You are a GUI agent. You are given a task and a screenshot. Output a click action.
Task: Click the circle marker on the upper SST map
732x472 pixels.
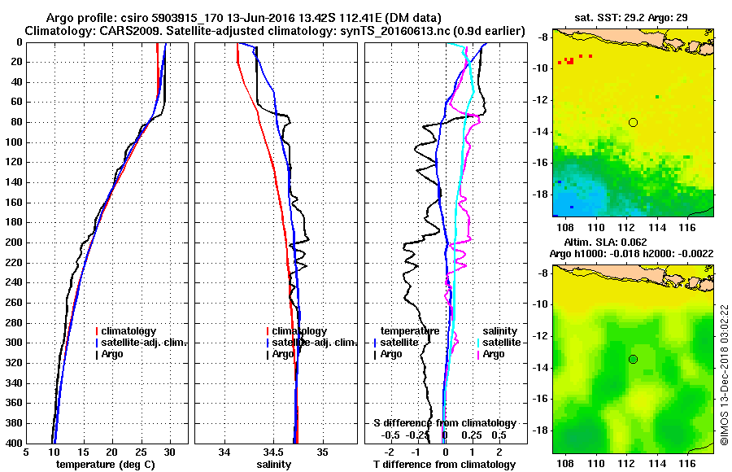[633, 122]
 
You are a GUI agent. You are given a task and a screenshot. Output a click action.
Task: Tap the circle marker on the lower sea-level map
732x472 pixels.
[633, 359]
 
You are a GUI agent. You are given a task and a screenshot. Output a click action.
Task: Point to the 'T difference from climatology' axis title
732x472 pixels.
[443, 465]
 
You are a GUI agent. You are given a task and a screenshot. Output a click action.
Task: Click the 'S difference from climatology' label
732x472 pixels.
[445, 423]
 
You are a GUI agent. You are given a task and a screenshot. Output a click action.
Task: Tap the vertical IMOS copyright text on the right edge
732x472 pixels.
[724, 374]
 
